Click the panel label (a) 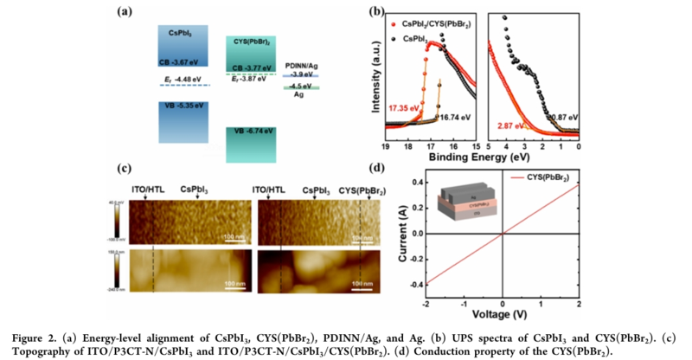tap(128, 13)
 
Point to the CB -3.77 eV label tap(251, 67)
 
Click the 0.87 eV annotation tap(561, 116)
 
